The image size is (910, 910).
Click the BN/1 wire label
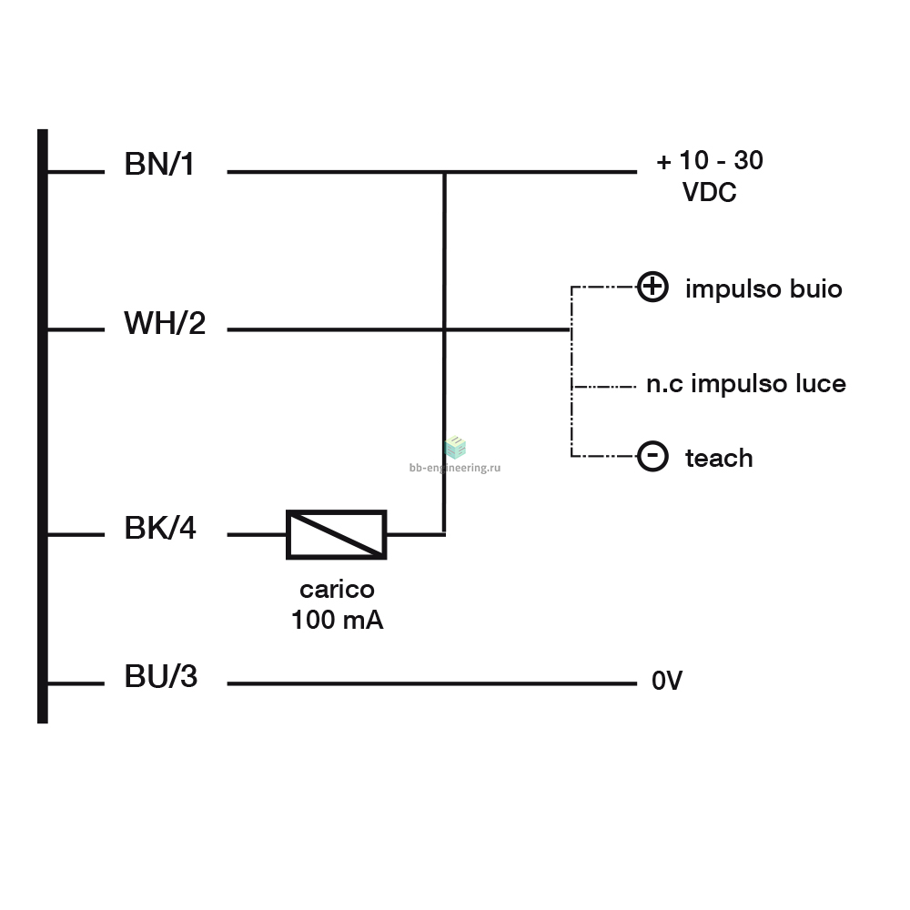[159, 164]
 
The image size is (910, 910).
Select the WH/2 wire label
[165, 323]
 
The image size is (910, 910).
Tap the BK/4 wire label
[160, 528]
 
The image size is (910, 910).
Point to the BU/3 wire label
[161, 676]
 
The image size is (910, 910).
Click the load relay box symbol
[337, 534]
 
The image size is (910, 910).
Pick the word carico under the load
[338, 590]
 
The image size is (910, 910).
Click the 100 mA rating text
[338, 620]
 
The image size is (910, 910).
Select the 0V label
[667, 681]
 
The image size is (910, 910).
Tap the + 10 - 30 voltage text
[709, 160]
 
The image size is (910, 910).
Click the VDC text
[709, 192]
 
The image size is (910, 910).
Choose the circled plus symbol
[652, 287]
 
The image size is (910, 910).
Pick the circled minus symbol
[652, 456]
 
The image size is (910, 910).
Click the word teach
[719, 459]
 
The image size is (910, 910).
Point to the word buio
[816, 289]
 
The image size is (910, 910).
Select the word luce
[821, 384]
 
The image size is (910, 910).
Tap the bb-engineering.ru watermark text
[455, 468]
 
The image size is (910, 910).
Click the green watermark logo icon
[455, 448]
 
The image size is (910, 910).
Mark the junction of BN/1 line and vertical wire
[445, 172]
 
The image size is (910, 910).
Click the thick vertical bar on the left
[43, 426]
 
